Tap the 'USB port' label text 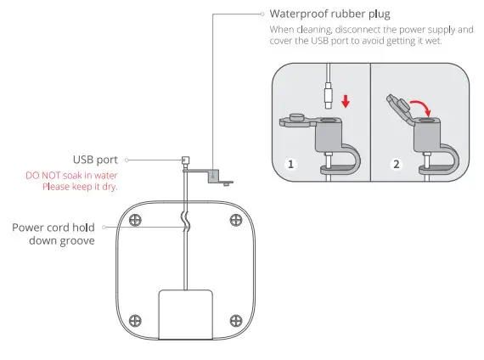(95, 159)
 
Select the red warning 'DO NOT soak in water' (72, 176)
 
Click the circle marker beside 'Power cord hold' (103, 228)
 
